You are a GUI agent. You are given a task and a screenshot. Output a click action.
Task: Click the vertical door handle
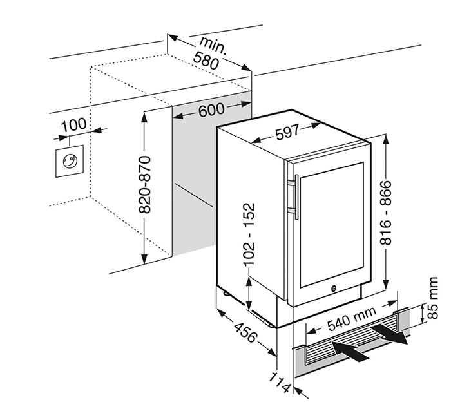tap(294, 193)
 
